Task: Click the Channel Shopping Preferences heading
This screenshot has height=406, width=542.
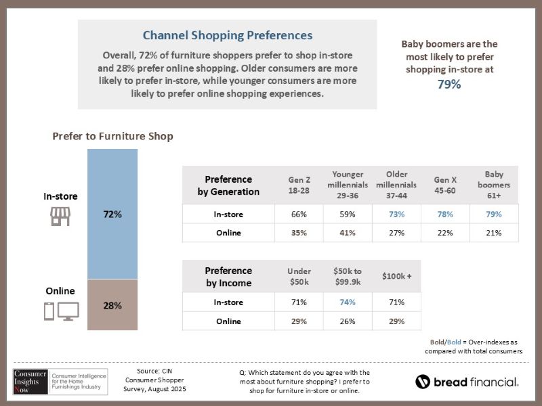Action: coord(227,35)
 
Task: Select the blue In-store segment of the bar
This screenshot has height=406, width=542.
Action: coord(112,214)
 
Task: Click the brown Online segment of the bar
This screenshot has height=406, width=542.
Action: coord(112,305)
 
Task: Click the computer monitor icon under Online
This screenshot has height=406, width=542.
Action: coord(69,311)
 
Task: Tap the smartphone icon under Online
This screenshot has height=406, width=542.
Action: coord(49,311)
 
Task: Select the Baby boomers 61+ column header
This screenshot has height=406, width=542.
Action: coord(493,185)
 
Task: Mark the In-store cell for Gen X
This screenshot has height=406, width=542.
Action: coord(444,215)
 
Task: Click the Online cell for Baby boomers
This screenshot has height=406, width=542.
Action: coord(493,233)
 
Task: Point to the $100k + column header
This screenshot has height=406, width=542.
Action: coord(396,276)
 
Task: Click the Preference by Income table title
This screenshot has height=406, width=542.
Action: coord(228,277)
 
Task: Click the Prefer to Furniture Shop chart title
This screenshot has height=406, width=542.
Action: coord(112,137)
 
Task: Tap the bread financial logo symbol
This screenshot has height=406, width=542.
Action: coord(423,382)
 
